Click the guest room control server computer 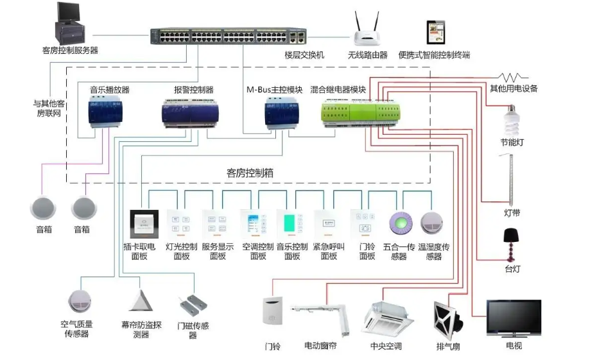point(69,23)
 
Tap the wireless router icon point(368,32)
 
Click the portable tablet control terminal point(434,33)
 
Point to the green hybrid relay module point(359,113)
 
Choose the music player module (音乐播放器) point(108,113)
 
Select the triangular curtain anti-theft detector point(139,301)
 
